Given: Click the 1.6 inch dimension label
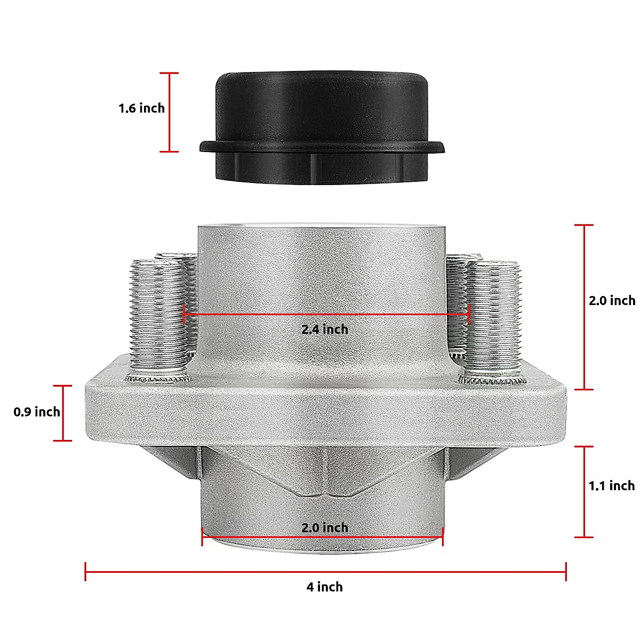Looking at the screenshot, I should pyautogui.click(x=141, y=108).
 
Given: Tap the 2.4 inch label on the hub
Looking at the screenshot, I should pyautogui.click(x=324, y=330).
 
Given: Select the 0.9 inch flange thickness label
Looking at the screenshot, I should pyautogui.click(x=37, y=412).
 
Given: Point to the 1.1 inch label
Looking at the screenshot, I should pyautogui.click(x=611, y=485).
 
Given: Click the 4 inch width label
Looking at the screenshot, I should pyautogui.click(x=324, y=587).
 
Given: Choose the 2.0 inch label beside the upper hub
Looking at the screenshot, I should pyautogui.click(x=611, y=300).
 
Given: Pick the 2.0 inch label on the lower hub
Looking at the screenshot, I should pyautogui.click(x=324, y=528).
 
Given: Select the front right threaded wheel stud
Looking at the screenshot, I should pyautogui.click(x=493, y=317).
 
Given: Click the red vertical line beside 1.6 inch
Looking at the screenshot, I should pyautogui.click(x=170, y=112).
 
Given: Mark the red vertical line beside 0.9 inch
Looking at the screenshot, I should pyautogui.click(x=63, y=413).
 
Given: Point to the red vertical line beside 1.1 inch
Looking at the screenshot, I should pyautogui.click(x=585, y=491).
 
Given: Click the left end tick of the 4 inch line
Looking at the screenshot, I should pyautogui.click(x=85, y=572).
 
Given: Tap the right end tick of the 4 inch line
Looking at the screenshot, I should pyautogui.click(x=566, y=572).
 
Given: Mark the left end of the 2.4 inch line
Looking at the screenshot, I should pyautogui.click(x=185, y=314).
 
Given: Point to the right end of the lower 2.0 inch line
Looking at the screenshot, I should pyautogui.click(x=443, y=537).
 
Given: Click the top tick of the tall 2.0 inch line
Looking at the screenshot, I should pyautogui.click(x=585, y=225).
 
